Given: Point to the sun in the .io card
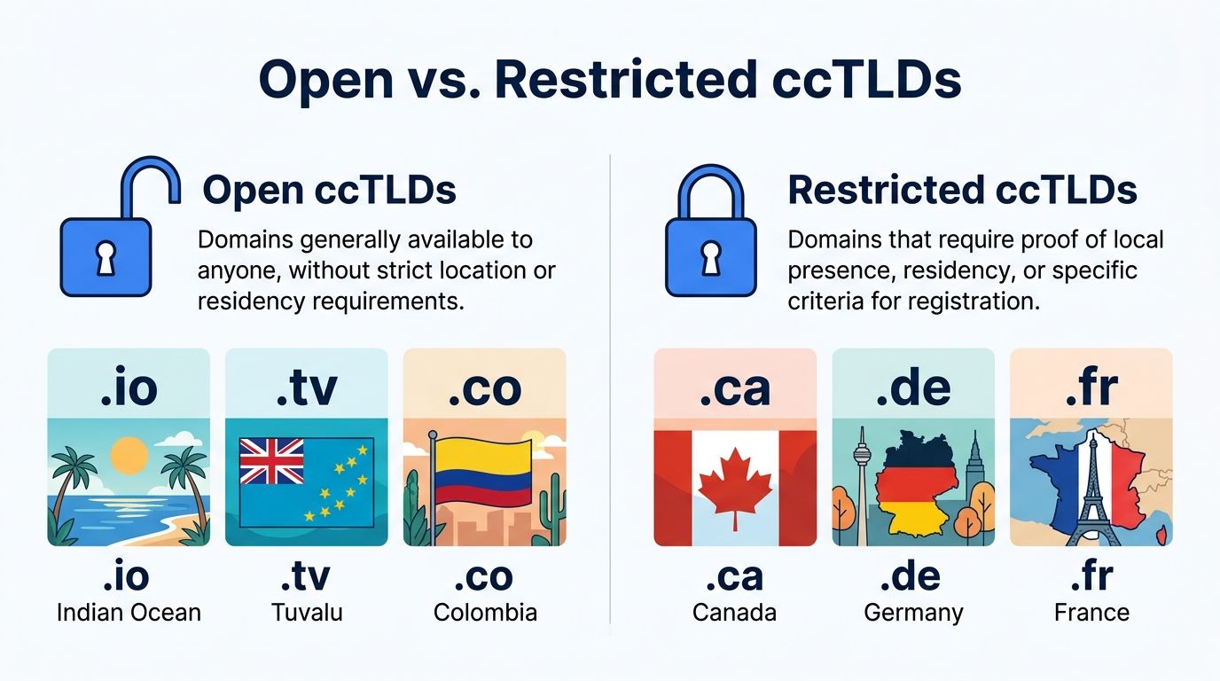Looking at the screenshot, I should pyautogui.click(x=129, y=456).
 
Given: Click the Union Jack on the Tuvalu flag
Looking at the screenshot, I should pyautogui.click(x=271, y=462).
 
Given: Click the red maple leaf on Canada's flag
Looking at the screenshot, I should pyautogui.click(x=734, y=487).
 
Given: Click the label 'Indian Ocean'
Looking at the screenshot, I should pyautogui.click(x=129, y=612).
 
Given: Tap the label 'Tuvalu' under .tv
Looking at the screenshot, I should pyautogui.click(x=307, y=612).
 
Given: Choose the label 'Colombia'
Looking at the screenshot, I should pyautogui.click(x=485, y=612).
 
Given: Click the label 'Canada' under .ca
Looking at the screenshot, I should pyautogui.click(x=734, y=612).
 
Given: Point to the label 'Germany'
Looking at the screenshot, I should pyautogui.click(x=913, y=612).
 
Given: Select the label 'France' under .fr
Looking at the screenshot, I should pyautogui.click(x=1091, y=612).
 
